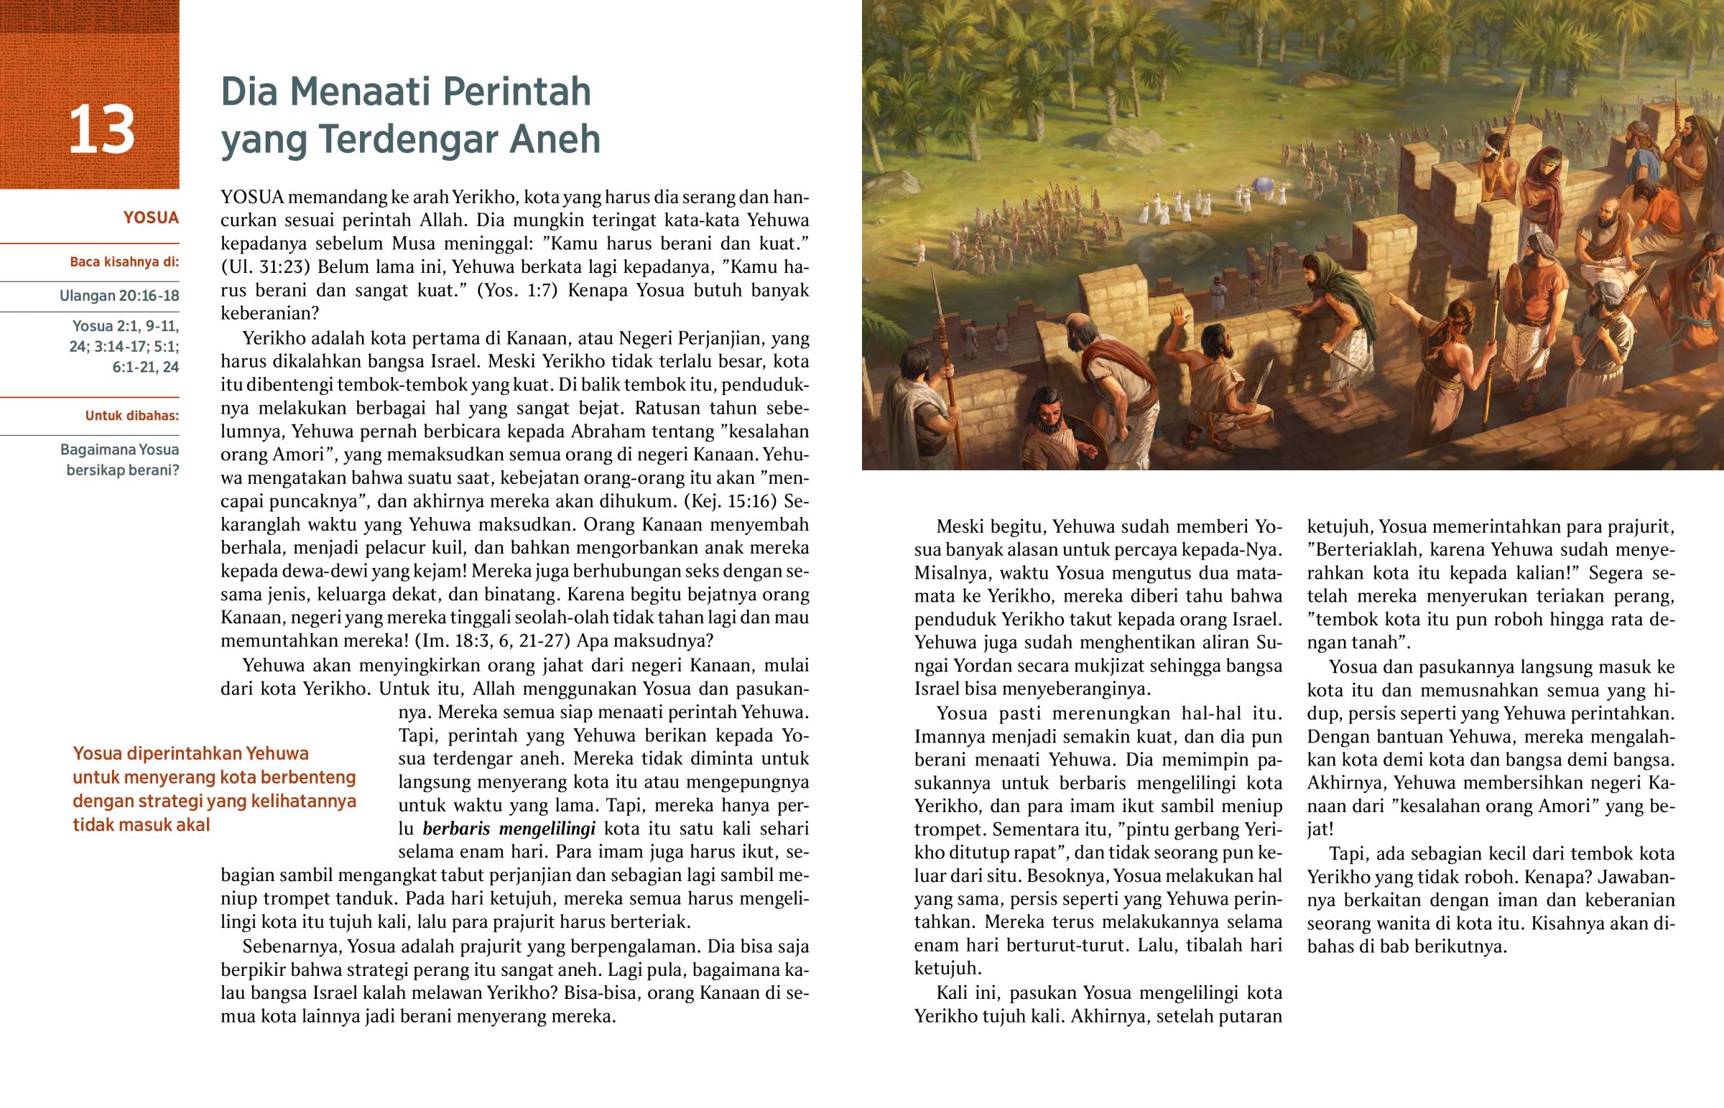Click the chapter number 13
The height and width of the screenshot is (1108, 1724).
pyautogui.click(x=101, y=130)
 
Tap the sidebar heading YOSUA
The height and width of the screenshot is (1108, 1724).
pyautogui.click(x=150, y=218)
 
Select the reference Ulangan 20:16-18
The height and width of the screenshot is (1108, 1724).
pyautogui.click(x=119, y=296)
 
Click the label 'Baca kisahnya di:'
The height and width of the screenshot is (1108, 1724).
pyautogui.click(x=124, y=262)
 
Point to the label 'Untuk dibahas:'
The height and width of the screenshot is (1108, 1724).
pyautogui.click(x=132, y=416)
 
